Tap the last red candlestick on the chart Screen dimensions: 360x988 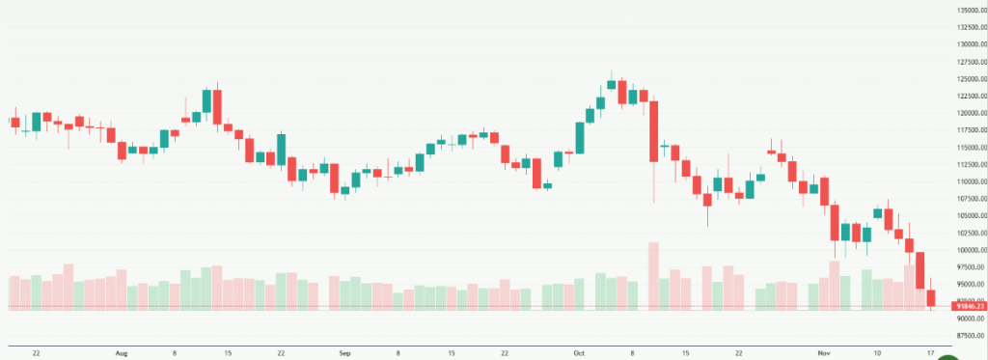931,297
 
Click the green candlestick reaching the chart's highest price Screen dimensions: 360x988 611,84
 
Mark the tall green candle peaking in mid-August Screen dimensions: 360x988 206,101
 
